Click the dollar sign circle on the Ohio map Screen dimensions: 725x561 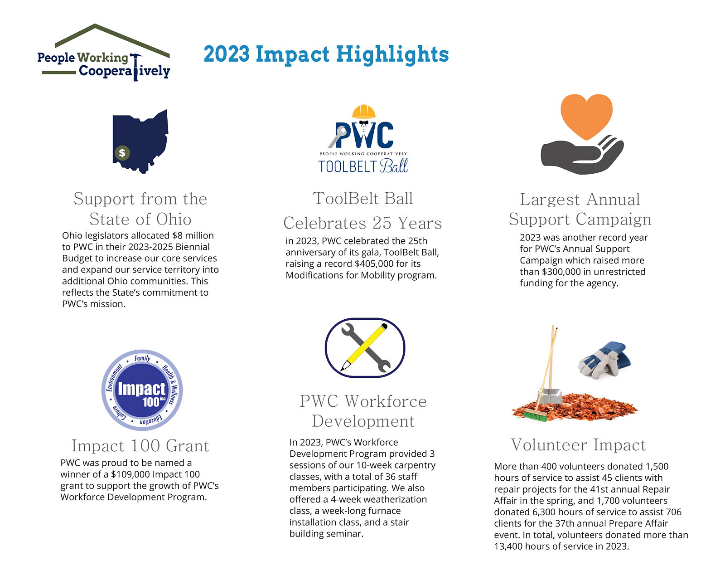122,153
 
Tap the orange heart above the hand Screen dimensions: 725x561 586,116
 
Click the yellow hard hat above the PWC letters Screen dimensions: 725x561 364,112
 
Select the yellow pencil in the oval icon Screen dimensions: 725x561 364,347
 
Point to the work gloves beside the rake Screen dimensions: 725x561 604,360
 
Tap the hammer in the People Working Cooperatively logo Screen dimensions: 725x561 135,67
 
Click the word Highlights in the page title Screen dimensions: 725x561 392,55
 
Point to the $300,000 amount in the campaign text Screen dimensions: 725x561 561,272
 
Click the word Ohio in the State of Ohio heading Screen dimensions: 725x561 174,219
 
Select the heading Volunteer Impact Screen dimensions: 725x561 578,444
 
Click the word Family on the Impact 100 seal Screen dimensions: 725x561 142,358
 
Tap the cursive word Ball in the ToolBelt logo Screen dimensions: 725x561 394,166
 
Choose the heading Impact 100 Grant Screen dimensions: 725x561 140,445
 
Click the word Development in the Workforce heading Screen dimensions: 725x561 363,421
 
